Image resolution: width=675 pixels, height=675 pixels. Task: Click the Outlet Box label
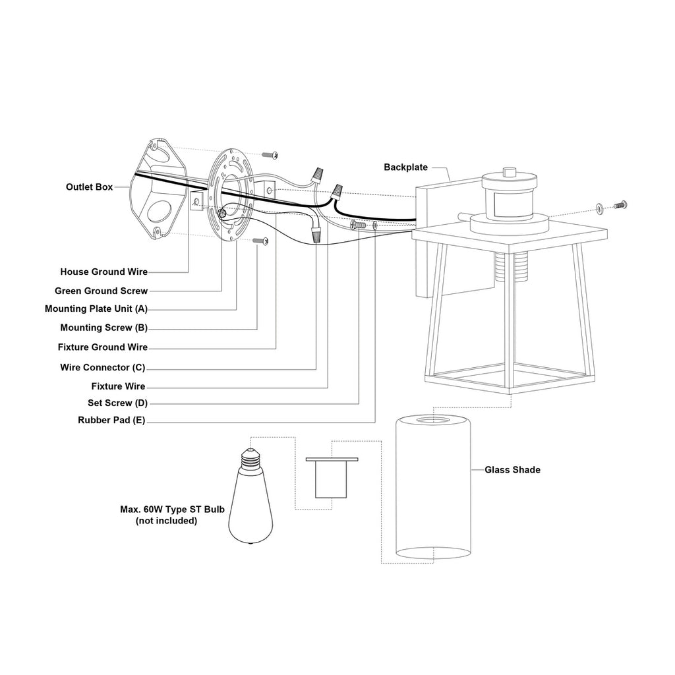click(x=89, y=187)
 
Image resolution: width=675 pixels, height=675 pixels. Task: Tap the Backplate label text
click(x=405, y=167)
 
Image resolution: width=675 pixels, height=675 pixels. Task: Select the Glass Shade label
click(x=512, y=469)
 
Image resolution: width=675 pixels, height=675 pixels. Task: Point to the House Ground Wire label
click(x=103, y=272)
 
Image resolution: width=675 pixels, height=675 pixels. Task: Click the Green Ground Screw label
click(x=101, y=291)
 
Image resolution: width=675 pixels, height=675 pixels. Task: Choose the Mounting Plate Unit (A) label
click(x=96, y=308)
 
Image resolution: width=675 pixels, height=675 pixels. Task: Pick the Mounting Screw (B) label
click(x=103, y=328)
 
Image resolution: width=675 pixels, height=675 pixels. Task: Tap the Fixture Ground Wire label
click(x=102, y=347)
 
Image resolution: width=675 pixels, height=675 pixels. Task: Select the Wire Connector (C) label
click(x=102, y=367)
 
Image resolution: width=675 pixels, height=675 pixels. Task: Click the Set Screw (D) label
click(x=117, y=403)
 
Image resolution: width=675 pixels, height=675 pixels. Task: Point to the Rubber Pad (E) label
click(x=111, y=420)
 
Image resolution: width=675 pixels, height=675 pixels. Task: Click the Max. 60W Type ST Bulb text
click(x=172, y=510)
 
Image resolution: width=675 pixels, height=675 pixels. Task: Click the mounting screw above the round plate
click(x=270, y=154)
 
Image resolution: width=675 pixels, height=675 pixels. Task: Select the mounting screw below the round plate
click(x=260, y=241)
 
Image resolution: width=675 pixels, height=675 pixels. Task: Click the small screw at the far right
click(x=620, y=205)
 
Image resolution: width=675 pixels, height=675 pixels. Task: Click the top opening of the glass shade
click(x=433, y=420)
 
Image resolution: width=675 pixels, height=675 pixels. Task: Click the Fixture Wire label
click(x=118, y=386)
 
